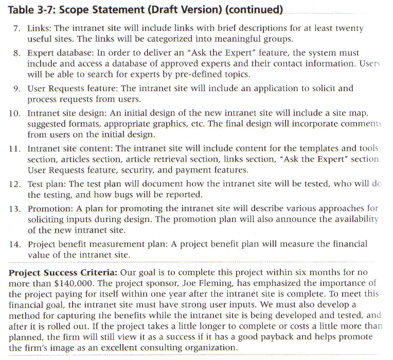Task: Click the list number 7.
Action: [x=16, y=29]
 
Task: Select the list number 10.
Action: [x=14, y=112]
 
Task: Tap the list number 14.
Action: [x=14, y=244]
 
